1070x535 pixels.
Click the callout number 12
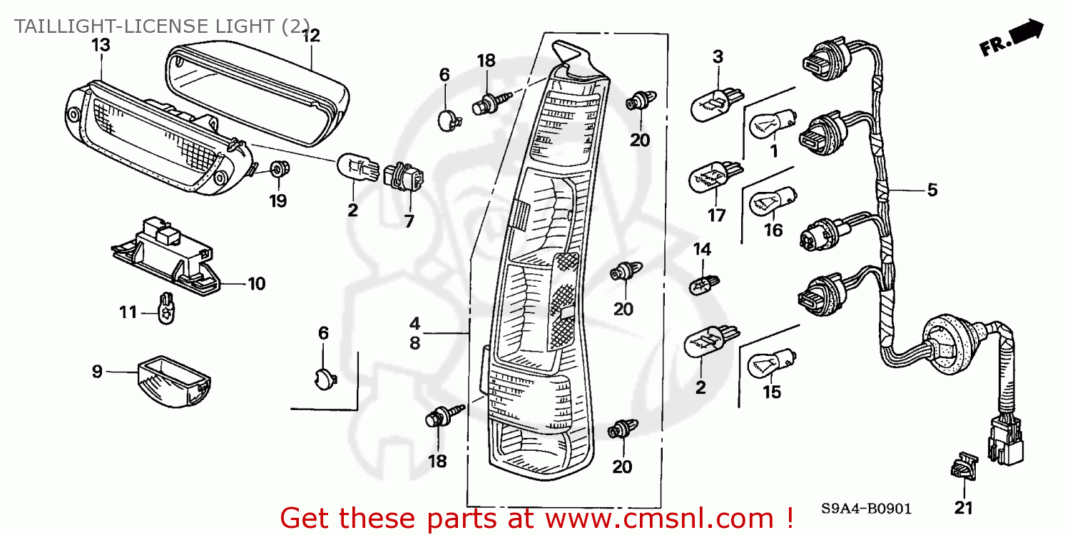point(311,35)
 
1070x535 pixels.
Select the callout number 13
point(101,45)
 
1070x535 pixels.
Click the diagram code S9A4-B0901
point(866,509)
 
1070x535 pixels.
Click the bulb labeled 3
point(710,106)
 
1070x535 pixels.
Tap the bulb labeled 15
point(770,363)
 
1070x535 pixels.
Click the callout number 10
point(256,284)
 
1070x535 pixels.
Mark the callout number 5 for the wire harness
point(932,190)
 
